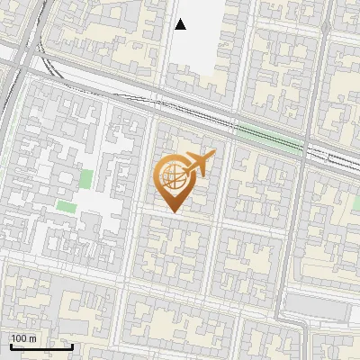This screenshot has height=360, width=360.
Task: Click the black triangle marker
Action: (181, 24)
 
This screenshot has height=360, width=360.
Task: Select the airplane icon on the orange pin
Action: (199, 163)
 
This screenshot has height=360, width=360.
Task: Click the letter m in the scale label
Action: (32, 338)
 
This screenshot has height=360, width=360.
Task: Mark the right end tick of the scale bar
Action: (72, 346)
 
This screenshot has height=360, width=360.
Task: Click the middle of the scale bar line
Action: (40, 347)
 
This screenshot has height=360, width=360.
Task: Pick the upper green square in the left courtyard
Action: (85, 179)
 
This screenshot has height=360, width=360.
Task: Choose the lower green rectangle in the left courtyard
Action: (66, 206)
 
